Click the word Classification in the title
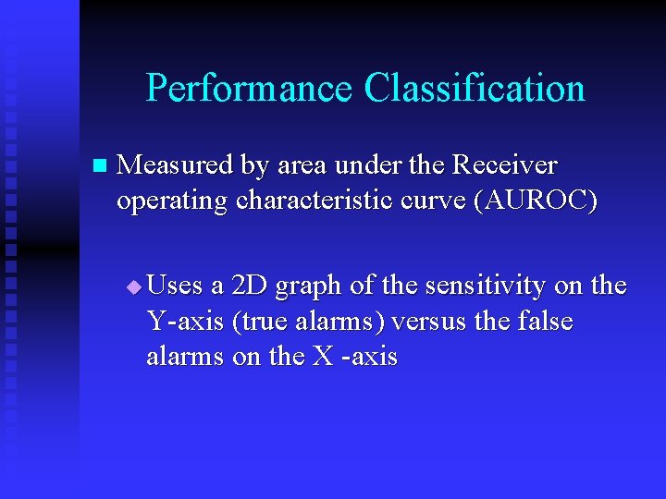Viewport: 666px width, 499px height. point(475,89)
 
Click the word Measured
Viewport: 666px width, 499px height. point(176,165)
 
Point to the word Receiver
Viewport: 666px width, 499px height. point(505,165)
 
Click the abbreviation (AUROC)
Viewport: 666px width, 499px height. point(536,201)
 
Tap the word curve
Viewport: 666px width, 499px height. point(435,201)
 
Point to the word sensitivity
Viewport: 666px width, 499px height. point(472,286)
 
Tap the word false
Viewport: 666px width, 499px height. point(545,322)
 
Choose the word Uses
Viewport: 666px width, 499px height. point(175,286)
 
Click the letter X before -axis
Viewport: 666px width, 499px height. point(323,357)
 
